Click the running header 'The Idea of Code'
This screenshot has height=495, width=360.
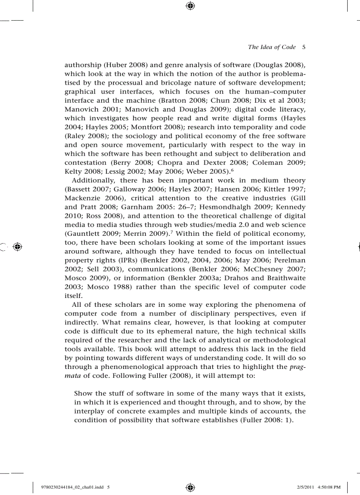click(x=272, y=47)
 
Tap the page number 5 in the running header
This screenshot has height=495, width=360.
click(x=304, y=47)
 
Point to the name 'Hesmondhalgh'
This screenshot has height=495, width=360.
click(x=226, y=207)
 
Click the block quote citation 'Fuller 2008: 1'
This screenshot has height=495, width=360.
click(x=266, y=420)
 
